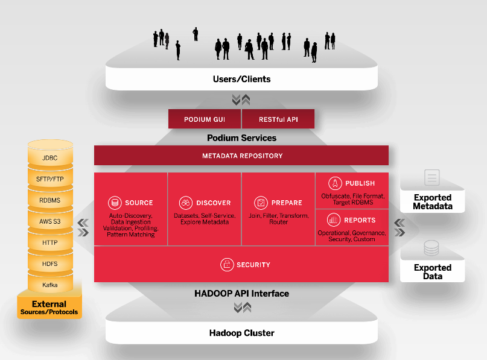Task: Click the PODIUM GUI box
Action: click(x=205, y=119)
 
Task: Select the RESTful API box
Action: click(x=278, y=119)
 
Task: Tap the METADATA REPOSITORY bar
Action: click(x=241, y=156)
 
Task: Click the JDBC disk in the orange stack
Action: click(x=50, y=156)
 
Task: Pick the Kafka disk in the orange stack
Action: click(x=50, y=283)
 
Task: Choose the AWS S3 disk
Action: click(x=50, y=220)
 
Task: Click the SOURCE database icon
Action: click(x=115, y=203)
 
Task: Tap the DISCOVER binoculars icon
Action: click(x=186, y=203)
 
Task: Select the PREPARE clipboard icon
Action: click(x=261, y=203)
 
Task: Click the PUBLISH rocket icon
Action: click(x=335, y=183)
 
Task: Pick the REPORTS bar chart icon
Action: click(x=334, y=220)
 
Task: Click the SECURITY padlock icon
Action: click(x=227, y=265)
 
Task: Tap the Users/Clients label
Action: click(x=241, y=79)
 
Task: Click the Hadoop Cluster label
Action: click(x=241, y=333)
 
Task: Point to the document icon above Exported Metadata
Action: click(x=432, y=177)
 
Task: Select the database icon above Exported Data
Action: click(x=431, y=248)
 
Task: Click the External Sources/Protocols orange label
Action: click(x=49, y=308)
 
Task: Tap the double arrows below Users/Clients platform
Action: click(x=241, y=99)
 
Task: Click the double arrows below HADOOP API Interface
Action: click(x=243, y=308)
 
